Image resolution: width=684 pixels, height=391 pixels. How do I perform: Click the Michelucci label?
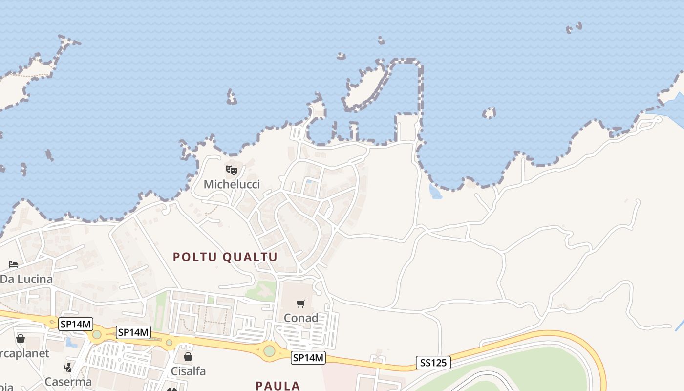tap(232, 184)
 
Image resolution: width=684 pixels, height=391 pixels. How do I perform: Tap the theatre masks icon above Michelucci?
tap(232, 170)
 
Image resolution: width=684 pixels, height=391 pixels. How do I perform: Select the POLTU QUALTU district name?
tap(225, 257)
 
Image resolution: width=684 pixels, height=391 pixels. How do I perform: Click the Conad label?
tap(301, 318)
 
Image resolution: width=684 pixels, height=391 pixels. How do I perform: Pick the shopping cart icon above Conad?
tap(301, 304)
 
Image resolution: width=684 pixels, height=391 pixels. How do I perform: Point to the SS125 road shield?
tap(433, 363)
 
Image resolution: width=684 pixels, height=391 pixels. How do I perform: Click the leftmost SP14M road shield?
tap(75, 324)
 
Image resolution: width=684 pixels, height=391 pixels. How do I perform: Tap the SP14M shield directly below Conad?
tap(308, 358)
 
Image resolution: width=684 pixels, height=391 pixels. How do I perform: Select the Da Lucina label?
tap(26, 279)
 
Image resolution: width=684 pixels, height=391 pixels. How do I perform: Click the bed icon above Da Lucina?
tap(13, 264)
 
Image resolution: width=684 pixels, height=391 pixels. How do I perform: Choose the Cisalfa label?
tap(188, 371)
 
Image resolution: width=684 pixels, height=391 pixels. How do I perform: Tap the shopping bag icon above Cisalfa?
tap(188, 357)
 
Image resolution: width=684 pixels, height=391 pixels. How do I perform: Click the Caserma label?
tap(68, 382)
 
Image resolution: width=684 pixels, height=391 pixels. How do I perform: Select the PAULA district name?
tap(278, 386)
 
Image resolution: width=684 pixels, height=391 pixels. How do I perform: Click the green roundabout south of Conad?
tap(269, 350)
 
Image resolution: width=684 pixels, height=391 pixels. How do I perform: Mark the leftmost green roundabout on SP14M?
tap(97, 335)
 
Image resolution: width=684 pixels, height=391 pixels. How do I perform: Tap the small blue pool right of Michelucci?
tap(309, 182)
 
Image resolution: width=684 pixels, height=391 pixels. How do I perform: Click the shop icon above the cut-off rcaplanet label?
tap(21, 339)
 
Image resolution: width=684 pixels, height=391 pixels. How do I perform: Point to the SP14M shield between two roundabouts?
tap(133, 333)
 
